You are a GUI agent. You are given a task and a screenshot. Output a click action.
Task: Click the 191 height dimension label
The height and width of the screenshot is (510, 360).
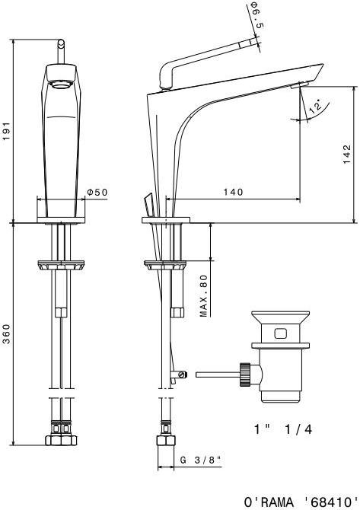[7, 131]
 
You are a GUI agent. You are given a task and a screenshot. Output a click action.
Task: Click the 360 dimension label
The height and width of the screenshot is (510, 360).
[7, 333]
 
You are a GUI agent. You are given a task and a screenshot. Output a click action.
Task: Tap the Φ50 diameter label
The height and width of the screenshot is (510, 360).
[97, 193]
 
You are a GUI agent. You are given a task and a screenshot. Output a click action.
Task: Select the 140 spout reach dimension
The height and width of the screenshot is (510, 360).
[233, 192]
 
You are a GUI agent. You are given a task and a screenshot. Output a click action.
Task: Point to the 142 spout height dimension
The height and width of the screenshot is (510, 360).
[347, 155]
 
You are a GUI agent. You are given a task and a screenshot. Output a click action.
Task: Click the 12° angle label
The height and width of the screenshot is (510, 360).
[315, 107]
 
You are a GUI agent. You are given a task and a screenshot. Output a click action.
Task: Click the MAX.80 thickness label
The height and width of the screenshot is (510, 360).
[203, 296]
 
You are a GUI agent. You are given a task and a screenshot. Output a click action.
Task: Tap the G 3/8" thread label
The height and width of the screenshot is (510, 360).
[201, 461]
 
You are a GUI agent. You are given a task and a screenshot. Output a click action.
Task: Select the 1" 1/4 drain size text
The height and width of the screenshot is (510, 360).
[283, 429]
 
